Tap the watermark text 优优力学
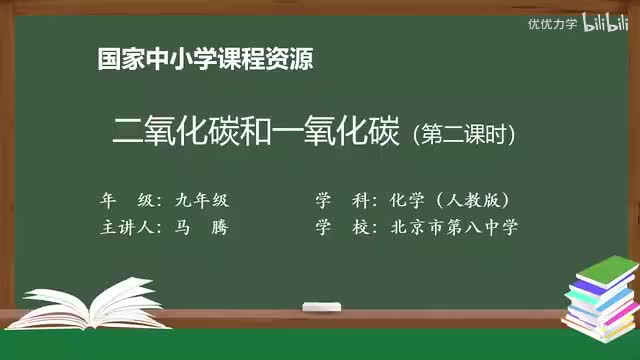pos(552,23)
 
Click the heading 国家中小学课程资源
pos(205,59)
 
